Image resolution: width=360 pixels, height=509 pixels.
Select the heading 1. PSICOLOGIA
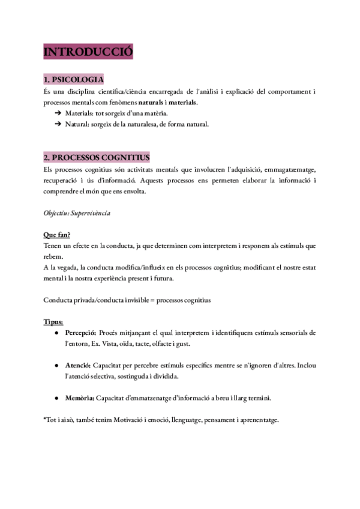74,80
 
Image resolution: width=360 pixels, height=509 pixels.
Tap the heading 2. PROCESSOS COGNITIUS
97,157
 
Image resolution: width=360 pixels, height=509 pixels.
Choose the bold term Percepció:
81,333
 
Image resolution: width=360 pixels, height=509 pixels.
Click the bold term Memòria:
79,397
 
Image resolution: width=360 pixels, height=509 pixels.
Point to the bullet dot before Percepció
56,333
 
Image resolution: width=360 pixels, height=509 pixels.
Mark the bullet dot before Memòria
56,397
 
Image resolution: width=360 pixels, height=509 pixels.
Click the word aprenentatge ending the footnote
257,420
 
